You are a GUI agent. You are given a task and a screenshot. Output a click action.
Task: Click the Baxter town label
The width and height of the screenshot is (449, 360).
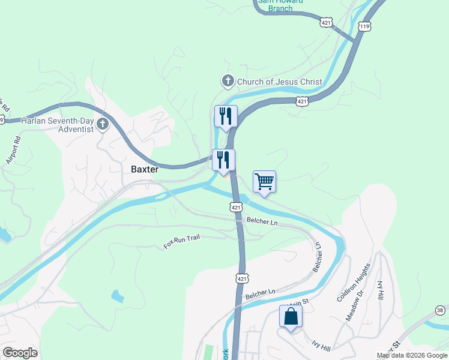(145, 169)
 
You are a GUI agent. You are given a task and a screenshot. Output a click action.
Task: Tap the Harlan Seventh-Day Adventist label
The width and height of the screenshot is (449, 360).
(58, 124)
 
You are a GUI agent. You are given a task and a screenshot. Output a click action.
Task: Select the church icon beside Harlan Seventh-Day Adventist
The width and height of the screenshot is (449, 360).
(103, 124)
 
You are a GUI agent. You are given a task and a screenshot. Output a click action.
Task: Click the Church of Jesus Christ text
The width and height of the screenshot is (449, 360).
(280, 82)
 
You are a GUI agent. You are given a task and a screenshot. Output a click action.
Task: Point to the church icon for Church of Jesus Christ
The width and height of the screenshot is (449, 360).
(228, 80)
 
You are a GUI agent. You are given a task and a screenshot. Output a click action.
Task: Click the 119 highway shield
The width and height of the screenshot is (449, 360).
(364, 26)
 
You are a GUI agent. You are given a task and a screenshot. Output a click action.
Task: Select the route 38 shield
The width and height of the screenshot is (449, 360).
(441, 310)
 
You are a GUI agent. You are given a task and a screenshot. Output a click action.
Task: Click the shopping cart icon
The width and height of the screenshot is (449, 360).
(264, 181)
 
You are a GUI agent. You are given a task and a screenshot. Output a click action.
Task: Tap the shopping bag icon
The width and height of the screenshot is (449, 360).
(291, 316)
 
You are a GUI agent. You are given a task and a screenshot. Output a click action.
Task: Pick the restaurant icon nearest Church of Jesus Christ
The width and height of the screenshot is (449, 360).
(226, 116)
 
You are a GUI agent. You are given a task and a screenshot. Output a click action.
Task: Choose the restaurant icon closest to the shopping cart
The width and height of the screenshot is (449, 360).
(223, 160)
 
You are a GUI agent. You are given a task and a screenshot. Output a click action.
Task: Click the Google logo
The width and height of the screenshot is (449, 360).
(20, 353)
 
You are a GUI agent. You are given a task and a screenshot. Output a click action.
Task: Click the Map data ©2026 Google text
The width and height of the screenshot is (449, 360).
(412, 355)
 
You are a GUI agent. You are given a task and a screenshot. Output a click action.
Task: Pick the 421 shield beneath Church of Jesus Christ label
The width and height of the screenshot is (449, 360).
(302, 102)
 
